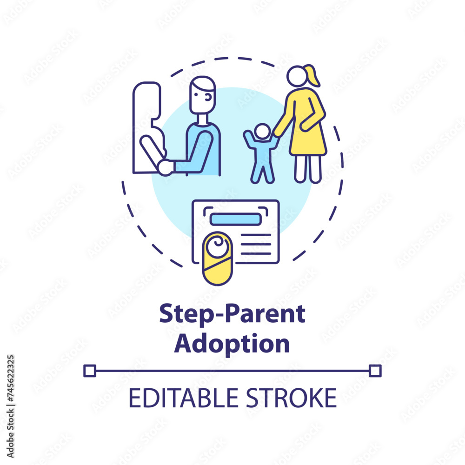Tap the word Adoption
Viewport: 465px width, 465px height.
tap(232, 344)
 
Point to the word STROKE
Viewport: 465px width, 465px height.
tap(292, 398)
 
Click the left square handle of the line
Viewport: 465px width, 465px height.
tap(90, 371)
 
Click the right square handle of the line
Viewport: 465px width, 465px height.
tap(375, 371)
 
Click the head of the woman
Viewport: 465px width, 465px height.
tap(297, 76)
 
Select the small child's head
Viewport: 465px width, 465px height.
tap(263, 132)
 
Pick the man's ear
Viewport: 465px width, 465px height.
tap(209, 97)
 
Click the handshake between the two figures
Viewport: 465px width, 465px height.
tap(165, 167)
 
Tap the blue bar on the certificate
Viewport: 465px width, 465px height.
tap(235, 219)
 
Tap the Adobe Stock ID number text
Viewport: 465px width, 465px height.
tap(10, 406)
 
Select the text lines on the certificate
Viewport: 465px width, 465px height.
tap(256, 245)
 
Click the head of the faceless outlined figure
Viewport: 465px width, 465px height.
tap(147, 100)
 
